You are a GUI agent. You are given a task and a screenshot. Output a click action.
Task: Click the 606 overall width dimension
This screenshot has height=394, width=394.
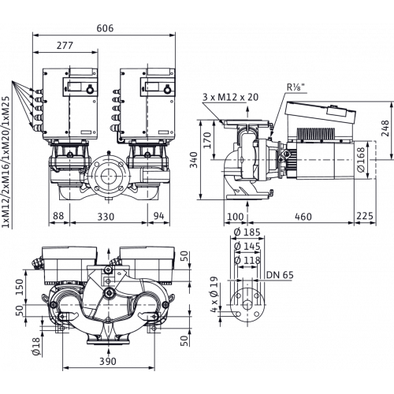tap(105, 28)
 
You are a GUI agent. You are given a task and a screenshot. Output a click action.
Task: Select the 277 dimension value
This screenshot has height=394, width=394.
tap(65, 46)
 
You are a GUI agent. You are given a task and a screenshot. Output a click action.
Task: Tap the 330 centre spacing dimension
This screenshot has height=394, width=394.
tap(106, 217)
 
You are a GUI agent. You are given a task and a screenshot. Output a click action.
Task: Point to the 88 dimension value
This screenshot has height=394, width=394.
tap(58, 216)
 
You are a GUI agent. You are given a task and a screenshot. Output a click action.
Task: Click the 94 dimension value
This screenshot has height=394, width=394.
tap(158, 216)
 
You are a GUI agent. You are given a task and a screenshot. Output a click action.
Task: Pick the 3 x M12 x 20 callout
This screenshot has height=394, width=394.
tap(230, 97)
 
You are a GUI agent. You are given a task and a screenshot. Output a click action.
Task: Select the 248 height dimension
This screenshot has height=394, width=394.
tap(385, 128)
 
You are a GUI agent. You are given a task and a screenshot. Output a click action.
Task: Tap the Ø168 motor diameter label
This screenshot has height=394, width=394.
tap(361, 160)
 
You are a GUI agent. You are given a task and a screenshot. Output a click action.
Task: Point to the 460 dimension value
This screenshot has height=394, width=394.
tap(303, 217)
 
